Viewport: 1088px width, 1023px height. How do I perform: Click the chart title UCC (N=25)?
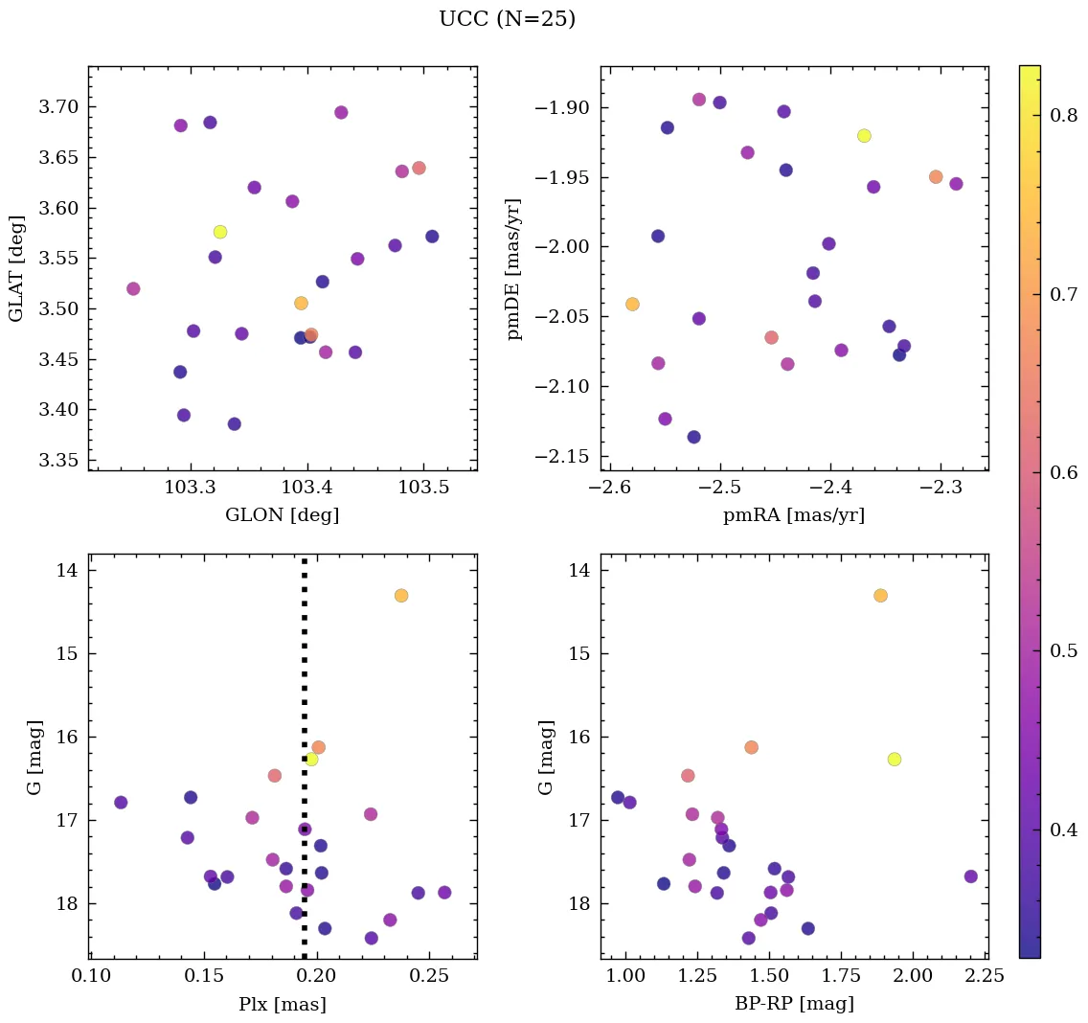tap(507, 19)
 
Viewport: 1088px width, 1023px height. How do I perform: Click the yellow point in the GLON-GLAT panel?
tap(220, 232)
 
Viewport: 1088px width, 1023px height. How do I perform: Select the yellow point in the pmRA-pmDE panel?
tap(864, 135)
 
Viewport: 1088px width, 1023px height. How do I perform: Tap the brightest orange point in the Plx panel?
tap(400, 596)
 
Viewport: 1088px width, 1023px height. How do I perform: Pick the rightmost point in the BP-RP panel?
tap(970, 876)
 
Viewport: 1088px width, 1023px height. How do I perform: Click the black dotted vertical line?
tap(305, 671)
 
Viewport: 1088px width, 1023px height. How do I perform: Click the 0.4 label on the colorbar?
tap(1062, 829)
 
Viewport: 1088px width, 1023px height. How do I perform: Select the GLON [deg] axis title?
tap(282, 515)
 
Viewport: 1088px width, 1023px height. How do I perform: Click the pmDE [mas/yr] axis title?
tap(515, 268)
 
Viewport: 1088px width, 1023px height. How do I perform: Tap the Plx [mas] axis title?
tap(282, 1004)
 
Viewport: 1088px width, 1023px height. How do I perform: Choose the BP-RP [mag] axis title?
tap(794, 1004)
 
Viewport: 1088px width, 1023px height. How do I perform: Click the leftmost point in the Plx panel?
tap(121, 803)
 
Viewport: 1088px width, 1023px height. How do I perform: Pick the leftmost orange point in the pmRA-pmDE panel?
tap(632, 305)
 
